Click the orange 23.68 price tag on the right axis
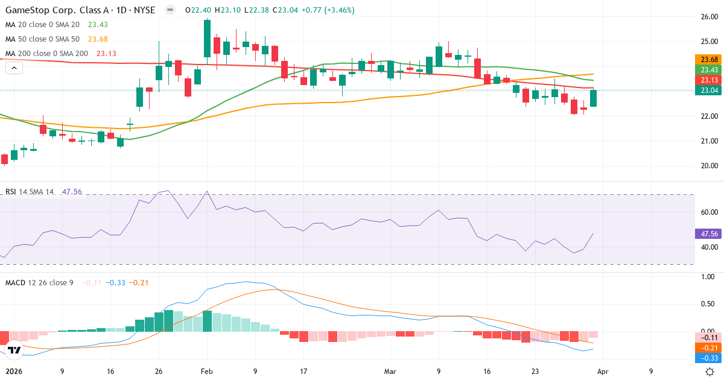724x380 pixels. pos(710,60)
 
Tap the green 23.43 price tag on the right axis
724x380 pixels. pos(710,70)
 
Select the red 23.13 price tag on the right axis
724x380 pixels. pos(710,80)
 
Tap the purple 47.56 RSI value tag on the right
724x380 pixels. pos(710,234)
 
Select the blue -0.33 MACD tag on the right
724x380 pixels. pos(710,358)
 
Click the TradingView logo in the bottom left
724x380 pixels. pos(14,350)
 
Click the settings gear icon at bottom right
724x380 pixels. pos(710,372)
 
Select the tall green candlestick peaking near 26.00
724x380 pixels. pos(208,38)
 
